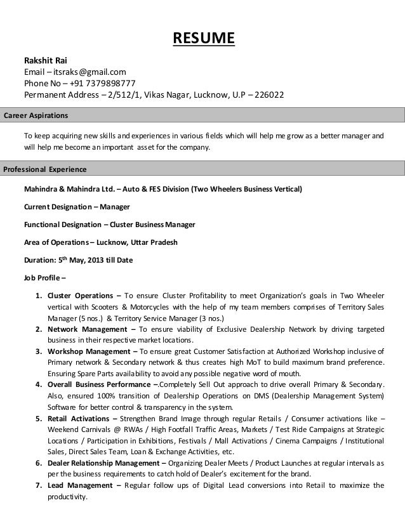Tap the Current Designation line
[76, 207]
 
